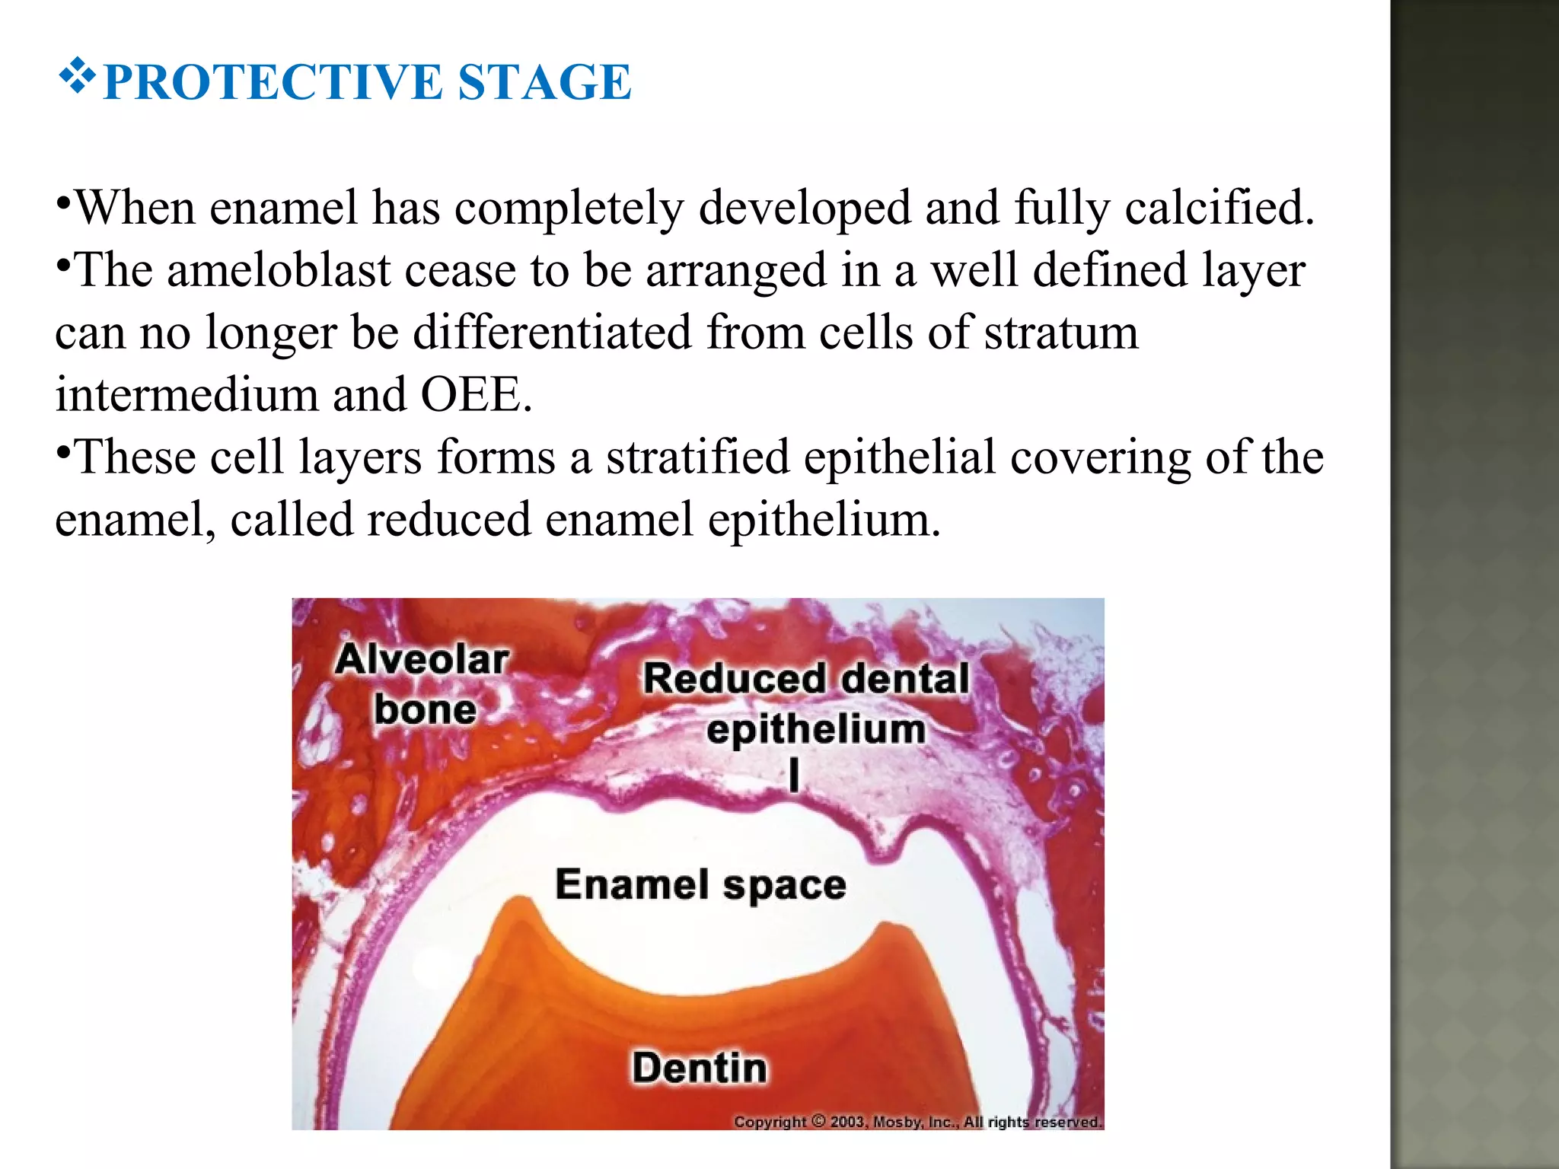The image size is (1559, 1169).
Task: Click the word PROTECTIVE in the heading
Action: pyautogui.click(x=272, y=82)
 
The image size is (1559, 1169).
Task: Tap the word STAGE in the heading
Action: pyautogui.click(x=544, y=82)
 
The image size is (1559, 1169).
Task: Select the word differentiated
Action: pyautogui.click(x=552, y=333)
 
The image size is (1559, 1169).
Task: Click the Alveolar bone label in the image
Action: pyautogui.click(x=423, y=684)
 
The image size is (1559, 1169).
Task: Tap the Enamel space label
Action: pyautogui.click(x=700, y=884)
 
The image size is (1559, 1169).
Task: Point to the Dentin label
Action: pyautogui.click(x=700, y=1067)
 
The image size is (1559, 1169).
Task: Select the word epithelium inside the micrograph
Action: pyautogui.click(x=816, y=729)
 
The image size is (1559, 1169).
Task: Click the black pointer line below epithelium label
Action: pyautogui.click(x=795, y=776)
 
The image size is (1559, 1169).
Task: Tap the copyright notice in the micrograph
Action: pyautogui.click(x=917, y=1122)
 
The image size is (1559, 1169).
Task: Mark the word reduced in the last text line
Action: pyautogui.click(x=449, y=519)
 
